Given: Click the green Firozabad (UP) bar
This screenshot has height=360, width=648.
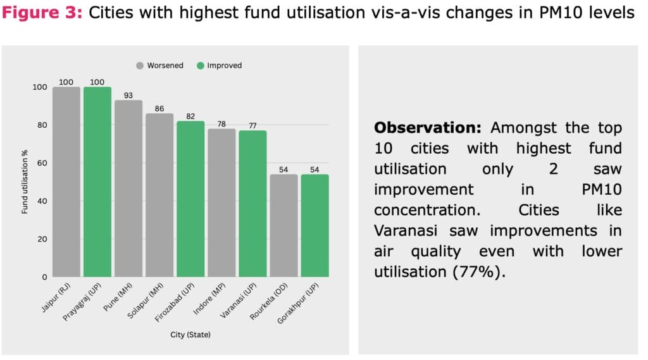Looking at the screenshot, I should [x=190, y=199].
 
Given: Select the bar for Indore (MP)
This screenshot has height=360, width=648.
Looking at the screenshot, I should [x=221, y=202].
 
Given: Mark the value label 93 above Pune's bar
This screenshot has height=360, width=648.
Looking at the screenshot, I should [x=128, y=96].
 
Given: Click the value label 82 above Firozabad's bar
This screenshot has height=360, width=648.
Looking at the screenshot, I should [x=190, y=116].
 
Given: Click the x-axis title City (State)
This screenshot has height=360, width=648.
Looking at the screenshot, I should [x=190, y=334].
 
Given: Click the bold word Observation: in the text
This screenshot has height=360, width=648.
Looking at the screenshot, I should [x=428, y=128].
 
